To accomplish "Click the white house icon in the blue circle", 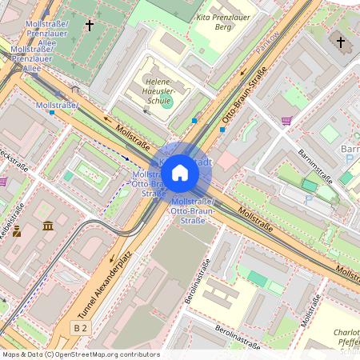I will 180,172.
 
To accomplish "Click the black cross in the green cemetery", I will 89,26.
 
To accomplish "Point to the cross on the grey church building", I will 340,42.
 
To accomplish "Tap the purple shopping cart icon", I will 286,121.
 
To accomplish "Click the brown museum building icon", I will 48,226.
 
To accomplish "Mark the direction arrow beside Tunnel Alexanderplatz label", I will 111,259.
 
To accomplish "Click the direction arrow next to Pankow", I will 244,73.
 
